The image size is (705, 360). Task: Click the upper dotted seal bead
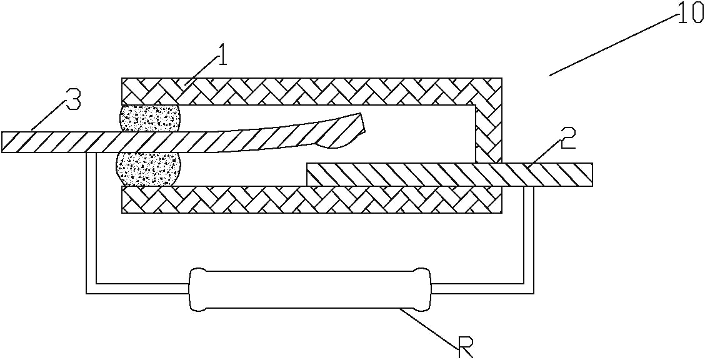coord(149,119)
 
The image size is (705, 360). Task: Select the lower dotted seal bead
coord(147,169)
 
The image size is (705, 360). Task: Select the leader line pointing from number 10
coord(612,44)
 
